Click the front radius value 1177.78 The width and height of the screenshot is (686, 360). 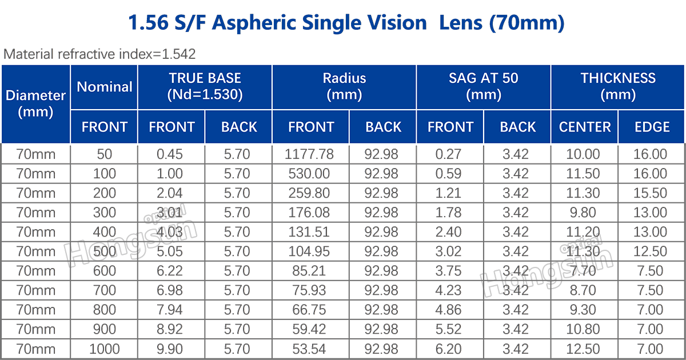point(310,154)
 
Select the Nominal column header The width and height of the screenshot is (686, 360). point(104,87)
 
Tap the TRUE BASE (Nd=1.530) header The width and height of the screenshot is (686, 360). point(205,87)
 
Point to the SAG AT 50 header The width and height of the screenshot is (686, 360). point(483,87)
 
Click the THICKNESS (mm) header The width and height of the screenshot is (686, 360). point(617,87)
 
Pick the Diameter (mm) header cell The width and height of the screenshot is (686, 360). point(35,103)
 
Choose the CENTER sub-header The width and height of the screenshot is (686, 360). point(584,127)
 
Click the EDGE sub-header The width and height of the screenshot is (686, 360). point(652,127)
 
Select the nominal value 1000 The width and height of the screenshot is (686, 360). point(104,349)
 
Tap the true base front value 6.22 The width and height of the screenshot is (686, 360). point(171,271)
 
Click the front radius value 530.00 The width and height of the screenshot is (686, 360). point(310,174)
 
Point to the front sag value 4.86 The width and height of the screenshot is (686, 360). point(450,310)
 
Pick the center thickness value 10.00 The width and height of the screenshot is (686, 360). point(584,154)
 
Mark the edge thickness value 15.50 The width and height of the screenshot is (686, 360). point(651,193)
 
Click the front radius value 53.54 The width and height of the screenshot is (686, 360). point(310,349)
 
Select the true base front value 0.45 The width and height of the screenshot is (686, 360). point(171,154)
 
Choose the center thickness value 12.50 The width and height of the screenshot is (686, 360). point(584,349)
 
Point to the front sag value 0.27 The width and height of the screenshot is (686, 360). point(450,154)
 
